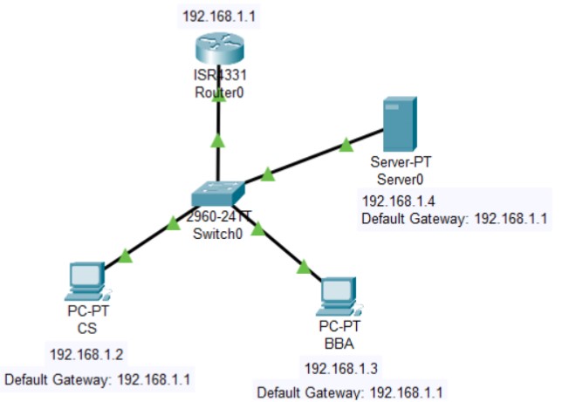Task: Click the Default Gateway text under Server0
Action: [x=454, y=219]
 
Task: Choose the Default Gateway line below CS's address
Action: [x=98, y=380]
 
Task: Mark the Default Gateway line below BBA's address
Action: [x=350, y=392]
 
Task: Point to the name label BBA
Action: [x=335, y=343]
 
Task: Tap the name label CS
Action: [x=86, y=329]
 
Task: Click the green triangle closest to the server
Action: [x=346, y=143]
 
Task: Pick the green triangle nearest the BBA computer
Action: [x=303, y=267]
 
